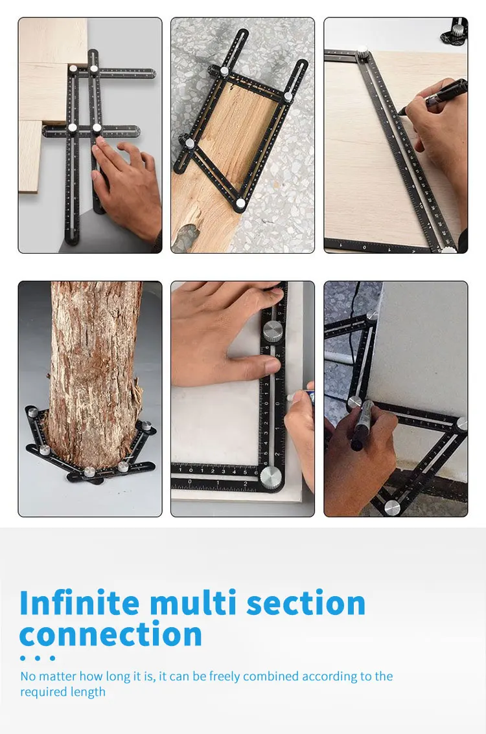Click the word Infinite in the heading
pyautogui.click(x=80, y=603)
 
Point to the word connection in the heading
pyautogui.click(x=111, y=634)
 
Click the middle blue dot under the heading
pyautogui.click(x=38, y=658)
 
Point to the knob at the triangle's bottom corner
pyautogui.click(x=391, y=506)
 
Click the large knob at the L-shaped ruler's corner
pyautogui.click(x=272, y=477)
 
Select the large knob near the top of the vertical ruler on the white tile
pyautogui.click(x=273, y=329)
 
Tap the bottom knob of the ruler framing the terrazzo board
pyautogui.click(x=240, y=203)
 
